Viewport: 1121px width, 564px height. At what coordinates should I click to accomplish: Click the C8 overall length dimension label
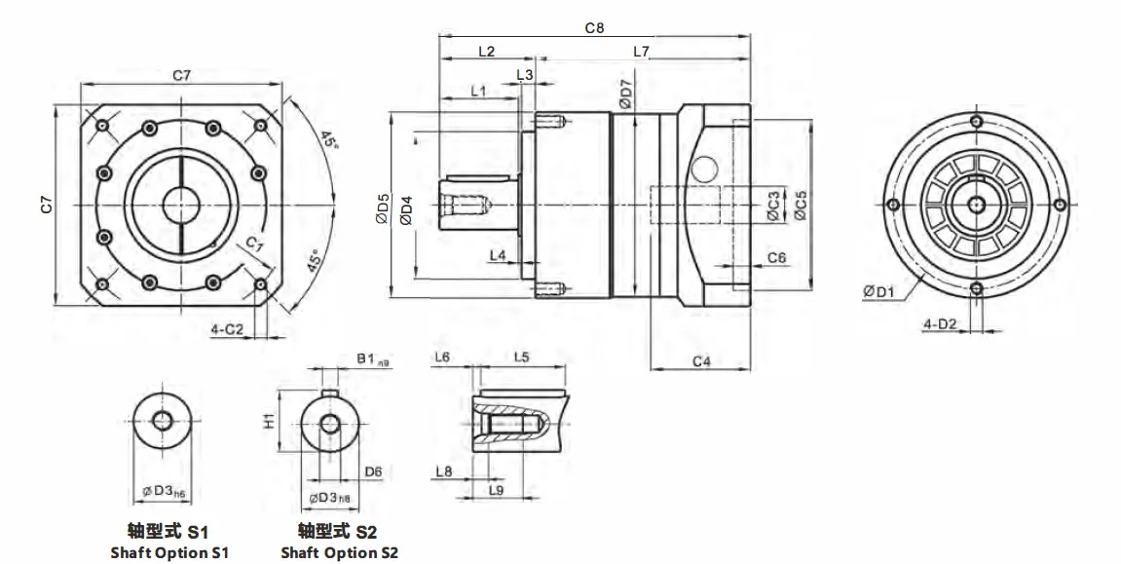pos(594,28)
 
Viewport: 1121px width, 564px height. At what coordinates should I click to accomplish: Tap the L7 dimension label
pos(641,51)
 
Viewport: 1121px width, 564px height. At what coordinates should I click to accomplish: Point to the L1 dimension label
pos(478,91)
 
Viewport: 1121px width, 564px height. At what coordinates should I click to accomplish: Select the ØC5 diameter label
pos(800,207)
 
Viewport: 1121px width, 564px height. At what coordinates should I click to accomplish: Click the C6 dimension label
pos(776,257)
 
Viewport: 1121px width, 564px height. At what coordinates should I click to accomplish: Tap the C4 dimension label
pos(700,361)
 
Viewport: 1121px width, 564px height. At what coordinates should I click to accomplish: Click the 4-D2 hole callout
pos(939,322)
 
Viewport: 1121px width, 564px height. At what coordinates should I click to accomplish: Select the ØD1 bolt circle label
pos(878,290)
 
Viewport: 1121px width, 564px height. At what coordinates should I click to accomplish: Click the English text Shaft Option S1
pos(169,552)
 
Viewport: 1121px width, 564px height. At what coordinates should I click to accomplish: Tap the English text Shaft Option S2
pos(339,552)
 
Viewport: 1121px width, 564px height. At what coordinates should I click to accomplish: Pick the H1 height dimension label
pos(270,421)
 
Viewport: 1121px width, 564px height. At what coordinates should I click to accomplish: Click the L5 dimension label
pos(521,357)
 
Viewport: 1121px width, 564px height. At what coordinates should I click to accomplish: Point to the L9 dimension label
pos(496,489)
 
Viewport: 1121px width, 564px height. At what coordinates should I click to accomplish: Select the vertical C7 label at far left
pos(47,205)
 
